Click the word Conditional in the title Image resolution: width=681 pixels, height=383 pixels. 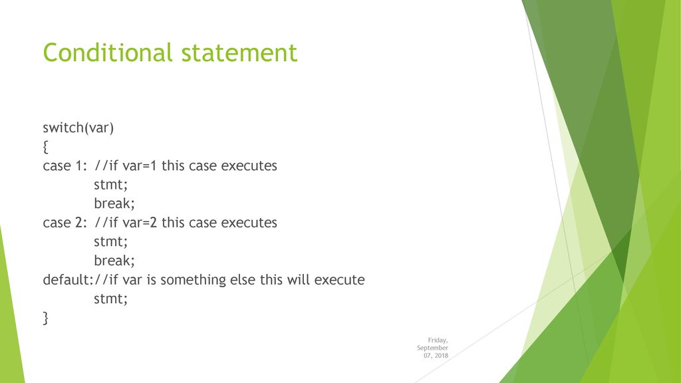pos(108,53)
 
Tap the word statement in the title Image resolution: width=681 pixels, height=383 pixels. pos(239,53)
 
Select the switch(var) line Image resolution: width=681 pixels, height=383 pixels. pos(78,128)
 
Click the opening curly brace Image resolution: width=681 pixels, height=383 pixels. pos(46,147)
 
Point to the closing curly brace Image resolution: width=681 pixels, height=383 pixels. pos(46,318)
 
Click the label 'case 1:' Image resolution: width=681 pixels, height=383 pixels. pos(65,166)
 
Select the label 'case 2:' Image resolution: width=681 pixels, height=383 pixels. pos(65,222)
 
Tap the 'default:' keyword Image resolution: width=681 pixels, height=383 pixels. pos(68,279)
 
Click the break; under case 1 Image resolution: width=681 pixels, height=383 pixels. pos(114,203)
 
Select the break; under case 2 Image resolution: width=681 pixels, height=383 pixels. pos(114,260)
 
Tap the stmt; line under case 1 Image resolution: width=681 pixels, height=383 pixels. pos(111,185)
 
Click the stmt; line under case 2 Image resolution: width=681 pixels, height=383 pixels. pos(111,241)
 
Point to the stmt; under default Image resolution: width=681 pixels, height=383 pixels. pos(111,299)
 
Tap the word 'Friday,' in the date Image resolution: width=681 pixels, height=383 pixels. pos(438,340)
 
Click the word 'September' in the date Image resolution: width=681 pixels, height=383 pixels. pos(432,348)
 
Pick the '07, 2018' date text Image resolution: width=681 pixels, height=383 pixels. pos(436,355)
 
